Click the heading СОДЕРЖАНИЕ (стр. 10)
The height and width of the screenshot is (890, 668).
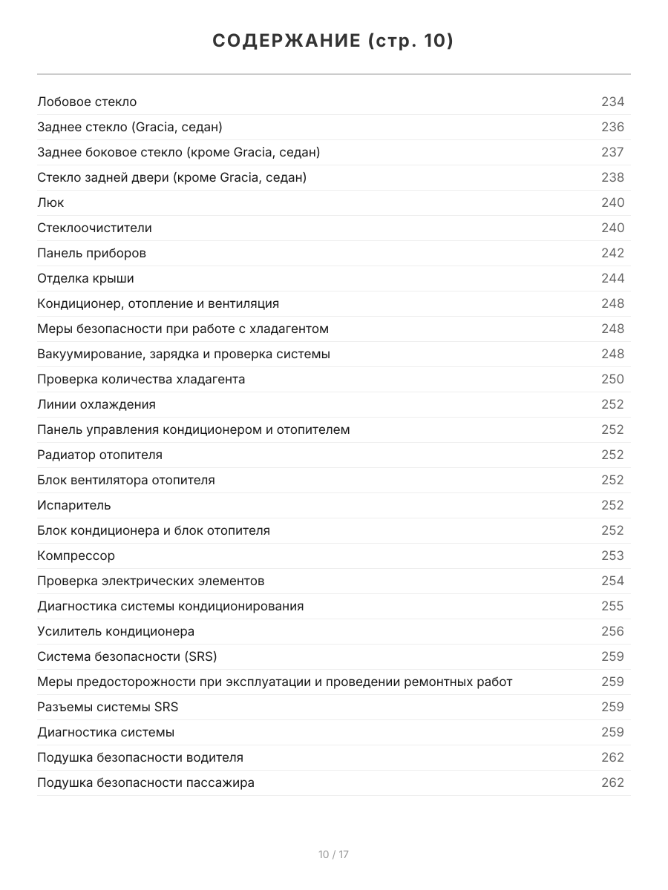coord(333,42)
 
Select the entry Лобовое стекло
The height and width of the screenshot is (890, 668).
coord(87,102)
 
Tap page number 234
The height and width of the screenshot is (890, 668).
coord(612,102)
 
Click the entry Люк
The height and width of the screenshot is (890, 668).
coord(50,202)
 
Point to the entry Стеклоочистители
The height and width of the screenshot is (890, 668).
coord(94,228)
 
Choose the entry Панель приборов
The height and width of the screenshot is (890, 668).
coord(91,253)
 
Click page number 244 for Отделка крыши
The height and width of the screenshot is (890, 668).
coord(612,278)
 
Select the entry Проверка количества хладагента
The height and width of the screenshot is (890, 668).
coord(141,379)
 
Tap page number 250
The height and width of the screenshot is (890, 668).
coord(612,379)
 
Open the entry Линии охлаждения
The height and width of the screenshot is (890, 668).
coord(96,404)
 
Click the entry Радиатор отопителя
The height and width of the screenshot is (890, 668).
coord(99,455)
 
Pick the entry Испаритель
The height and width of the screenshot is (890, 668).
coord(74,505)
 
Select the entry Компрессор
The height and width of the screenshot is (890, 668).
coord(76,556)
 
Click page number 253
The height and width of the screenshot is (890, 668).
coord(612,556)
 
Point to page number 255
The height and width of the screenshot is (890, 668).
coord(612,606)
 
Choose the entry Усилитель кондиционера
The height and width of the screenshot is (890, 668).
coord(116,631)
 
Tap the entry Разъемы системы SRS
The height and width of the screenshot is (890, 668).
coord(108,707)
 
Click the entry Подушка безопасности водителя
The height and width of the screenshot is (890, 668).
coord(140,757)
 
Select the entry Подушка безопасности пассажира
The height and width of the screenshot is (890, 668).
coord(145,782)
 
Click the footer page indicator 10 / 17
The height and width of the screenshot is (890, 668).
coord(333,854)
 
